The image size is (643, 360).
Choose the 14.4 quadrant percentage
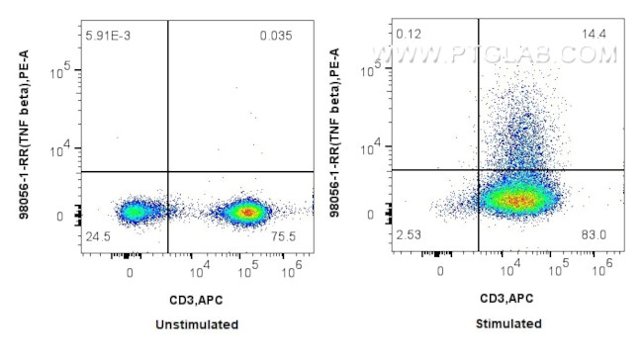pyautogui.click(x=597, y=35)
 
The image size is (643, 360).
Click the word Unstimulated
pyautogui.click(x=197, y=323)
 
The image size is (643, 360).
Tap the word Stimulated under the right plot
pyautogui.click(x=507, y=323)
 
